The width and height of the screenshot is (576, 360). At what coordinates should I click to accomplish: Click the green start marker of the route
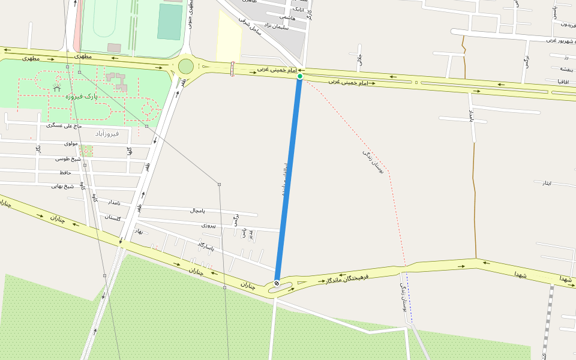300,76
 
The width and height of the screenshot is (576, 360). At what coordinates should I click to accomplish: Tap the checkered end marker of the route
277,283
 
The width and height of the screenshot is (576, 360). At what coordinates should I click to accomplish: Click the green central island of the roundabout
186,66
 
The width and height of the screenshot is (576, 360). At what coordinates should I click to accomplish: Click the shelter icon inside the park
57,88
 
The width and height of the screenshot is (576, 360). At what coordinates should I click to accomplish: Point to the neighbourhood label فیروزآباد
107,133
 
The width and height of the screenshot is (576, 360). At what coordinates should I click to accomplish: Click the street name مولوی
71,143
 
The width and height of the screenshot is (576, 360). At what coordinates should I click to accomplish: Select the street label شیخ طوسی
68,158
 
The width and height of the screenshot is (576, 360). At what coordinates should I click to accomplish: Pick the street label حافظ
65,172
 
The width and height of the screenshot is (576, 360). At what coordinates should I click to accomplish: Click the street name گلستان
113,217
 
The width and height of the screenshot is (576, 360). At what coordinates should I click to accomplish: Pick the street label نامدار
110,202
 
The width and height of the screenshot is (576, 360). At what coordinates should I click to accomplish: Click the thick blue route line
288,180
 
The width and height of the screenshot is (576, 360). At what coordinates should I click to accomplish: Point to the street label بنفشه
563,69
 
